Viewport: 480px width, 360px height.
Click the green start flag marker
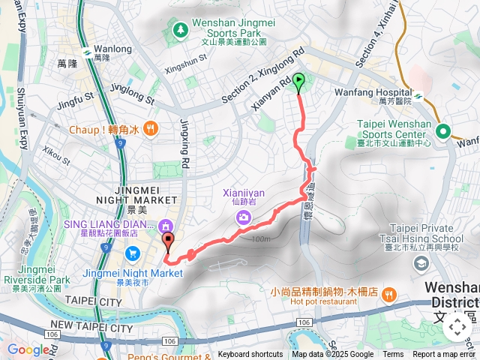tap(299, 81)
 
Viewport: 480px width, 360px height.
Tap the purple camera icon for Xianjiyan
tap(243, 217)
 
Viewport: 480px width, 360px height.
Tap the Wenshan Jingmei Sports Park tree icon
tap(180, 31)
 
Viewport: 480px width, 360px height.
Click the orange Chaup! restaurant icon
tap(151, 129)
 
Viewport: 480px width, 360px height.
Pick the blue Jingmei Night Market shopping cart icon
tap(132, 253)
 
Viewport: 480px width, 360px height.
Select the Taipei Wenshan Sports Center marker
tap(443, 130)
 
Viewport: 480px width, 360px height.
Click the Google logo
tap(28, 349)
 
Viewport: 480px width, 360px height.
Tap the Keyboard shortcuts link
tap(250, 355)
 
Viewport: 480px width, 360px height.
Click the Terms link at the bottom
tap(393, 355)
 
